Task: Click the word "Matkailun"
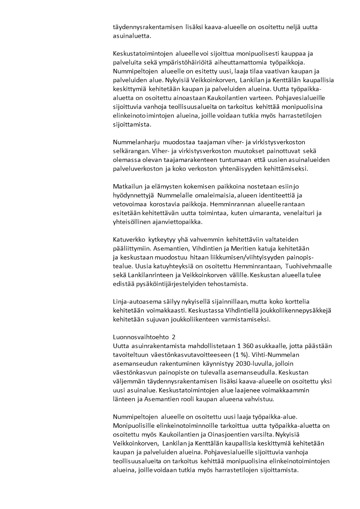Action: pyautogui.click(x=128, y=186)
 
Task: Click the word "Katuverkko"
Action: pyautogui.click(x=130, y=239)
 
